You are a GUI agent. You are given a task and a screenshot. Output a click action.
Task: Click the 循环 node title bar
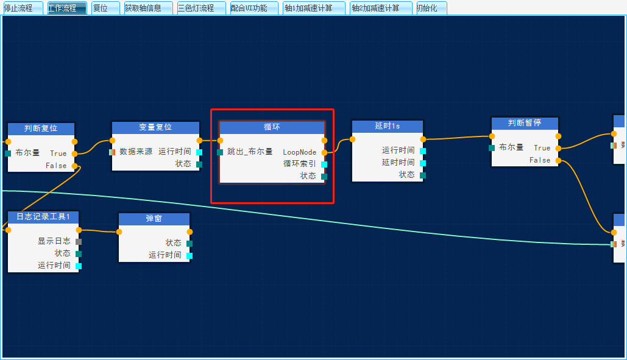[x=272, y=127]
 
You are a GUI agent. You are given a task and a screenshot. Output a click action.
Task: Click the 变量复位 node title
[x=155, y=127]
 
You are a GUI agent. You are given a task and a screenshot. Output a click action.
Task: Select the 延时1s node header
[x=388, y=126]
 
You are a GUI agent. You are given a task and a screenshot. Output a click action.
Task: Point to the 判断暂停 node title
[x=525, y=123]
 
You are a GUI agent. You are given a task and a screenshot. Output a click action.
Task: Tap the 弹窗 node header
[x=154, y=219]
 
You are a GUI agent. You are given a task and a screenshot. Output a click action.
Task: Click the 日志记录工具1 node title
[x=43, y=217]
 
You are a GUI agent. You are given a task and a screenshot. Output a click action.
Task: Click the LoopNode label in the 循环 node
[x=299, y=152]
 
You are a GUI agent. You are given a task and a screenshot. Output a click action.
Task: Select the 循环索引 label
[x=299, y=164]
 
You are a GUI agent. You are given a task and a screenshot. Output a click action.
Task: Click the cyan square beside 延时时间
[x=423, y=163]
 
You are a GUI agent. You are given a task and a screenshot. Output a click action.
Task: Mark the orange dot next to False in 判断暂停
[x=559, y=160]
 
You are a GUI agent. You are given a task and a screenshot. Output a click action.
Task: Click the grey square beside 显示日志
[x=79, y=241]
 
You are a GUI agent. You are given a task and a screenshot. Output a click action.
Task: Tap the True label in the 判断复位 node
[x=58, y=154]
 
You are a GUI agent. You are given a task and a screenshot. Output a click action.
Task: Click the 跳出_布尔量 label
[x=250, y=152]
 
